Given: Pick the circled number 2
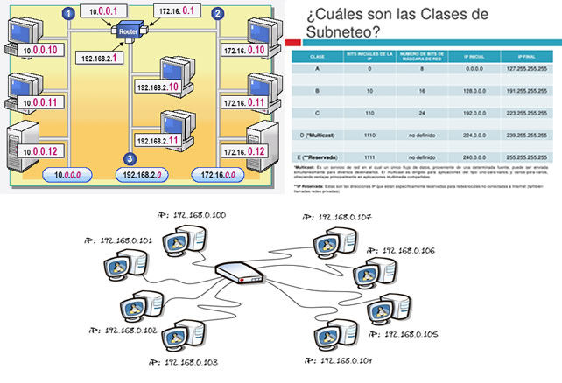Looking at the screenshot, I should [218, 13].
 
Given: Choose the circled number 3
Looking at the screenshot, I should [130, 158].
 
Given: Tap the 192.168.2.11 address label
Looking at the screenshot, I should [158, 139].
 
